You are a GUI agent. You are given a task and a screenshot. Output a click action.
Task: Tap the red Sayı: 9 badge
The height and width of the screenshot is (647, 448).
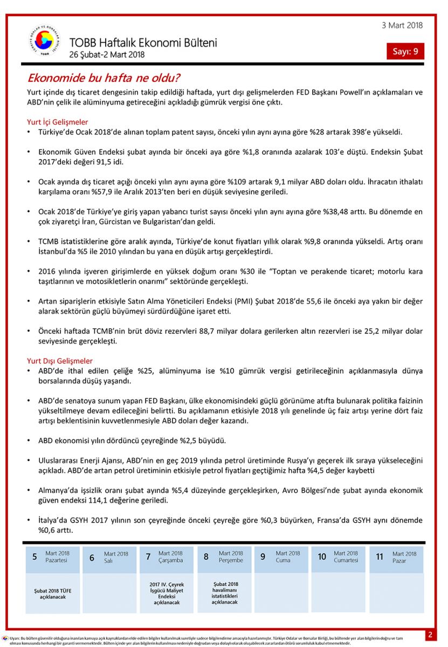[x=405, y=51]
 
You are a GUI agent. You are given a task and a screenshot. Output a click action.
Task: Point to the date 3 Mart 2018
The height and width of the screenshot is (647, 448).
[x=402, y=25]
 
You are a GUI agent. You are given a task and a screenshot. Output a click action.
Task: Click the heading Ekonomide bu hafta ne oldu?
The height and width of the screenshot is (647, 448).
[x=104, y=78]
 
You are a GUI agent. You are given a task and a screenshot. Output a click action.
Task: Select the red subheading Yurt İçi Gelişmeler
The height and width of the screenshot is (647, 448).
[x=58, y=122]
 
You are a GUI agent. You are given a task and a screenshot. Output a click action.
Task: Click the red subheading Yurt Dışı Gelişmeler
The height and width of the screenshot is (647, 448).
[x=60, y=361]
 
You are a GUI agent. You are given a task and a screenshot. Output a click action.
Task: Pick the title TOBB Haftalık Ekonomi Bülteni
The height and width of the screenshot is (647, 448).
[x=143, y=43]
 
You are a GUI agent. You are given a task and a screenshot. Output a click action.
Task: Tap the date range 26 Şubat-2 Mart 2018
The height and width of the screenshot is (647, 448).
[x=107, y=54]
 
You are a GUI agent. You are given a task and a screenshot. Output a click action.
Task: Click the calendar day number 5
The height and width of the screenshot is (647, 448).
[x=35, y=556]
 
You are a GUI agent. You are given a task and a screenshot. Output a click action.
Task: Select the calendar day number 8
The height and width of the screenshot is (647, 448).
[x=205, y=556]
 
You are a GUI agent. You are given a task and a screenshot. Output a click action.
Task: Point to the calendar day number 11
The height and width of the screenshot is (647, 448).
[x=380, y=556]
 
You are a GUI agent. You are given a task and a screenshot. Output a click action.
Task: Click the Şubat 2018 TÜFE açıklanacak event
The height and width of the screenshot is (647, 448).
[x=52, y=594]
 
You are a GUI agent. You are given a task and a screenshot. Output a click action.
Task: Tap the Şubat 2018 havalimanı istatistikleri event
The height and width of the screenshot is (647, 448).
[x=224, y=593]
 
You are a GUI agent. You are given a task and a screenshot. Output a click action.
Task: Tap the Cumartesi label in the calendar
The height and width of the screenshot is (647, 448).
[x=346, y=560]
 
